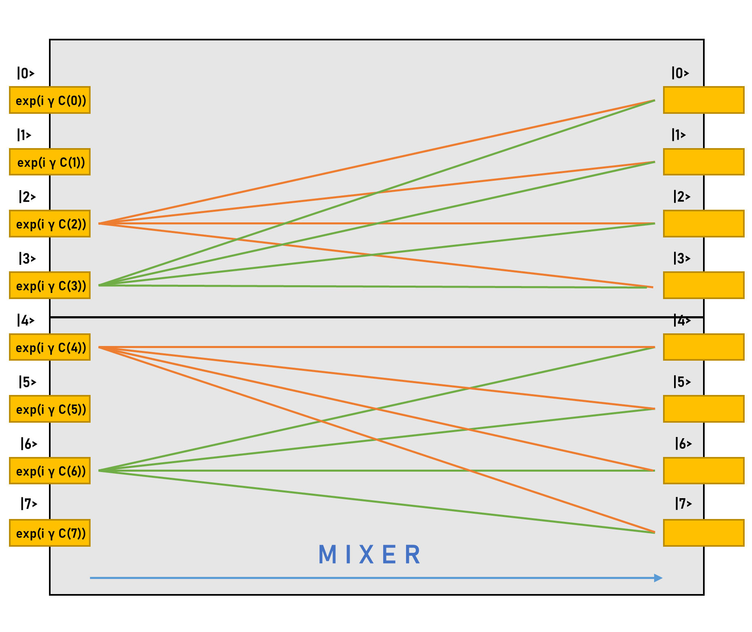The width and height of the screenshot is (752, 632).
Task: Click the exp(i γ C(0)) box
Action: pyautogui.click(x=50, y=100)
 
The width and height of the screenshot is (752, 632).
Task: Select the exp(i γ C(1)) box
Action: pyautogui.click(x=50, y=162)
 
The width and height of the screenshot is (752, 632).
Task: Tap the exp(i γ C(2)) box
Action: pyautogui.click(x=50, y=224)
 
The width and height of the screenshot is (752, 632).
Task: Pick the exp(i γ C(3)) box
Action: pyautogui.click(x=50, y=285)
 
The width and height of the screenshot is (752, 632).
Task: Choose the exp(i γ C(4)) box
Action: pyautogui.click(x=50, y=347)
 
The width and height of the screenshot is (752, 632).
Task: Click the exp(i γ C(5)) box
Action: pyautogui.click(x=50, y=409)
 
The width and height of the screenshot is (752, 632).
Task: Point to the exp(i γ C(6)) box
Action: pyautogui.click(x=50, y=471)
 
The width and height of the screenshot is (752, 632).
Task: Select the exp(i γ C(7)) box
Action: pyautogui.click(x=50, y=533)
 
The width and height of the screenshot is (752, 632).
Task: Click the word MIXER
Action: pyautogui.click(x=369, y=555)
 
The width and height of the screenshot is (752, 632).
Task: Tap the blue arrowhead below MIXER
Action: pyautogui.click(x=658, y=578)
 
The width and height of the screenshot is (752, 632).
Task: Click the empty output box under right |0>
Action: pyautogui.click(x=703, y=100)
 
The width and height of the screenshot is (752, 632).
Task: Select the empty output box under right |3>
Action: pyautogui.click(x=703, y=285)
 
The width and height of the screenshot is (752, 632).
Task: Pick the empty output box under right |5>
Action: pyautogui.click(x=703, y=409)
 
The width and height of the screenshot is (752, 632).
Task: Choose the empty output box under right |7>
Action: pyautogui.click(x=703, y=533)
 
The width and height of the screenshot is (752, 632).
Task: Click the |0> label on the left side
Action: pyautogui.click(x=26, y=73)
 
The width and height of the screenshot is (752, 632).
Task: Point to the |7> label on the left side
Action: pyautogui.click(x=29, y=504)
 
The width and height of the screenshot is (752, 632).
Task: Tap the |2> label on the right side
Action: pyautogui.click(x=682, y=197)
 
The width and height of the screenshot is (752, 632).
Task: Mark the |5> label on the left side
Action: pyautogui.click(x=27, y=382)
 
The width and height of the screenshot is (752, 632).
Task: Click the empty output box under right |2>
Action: pyautogui.click(x=703, y=224)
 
